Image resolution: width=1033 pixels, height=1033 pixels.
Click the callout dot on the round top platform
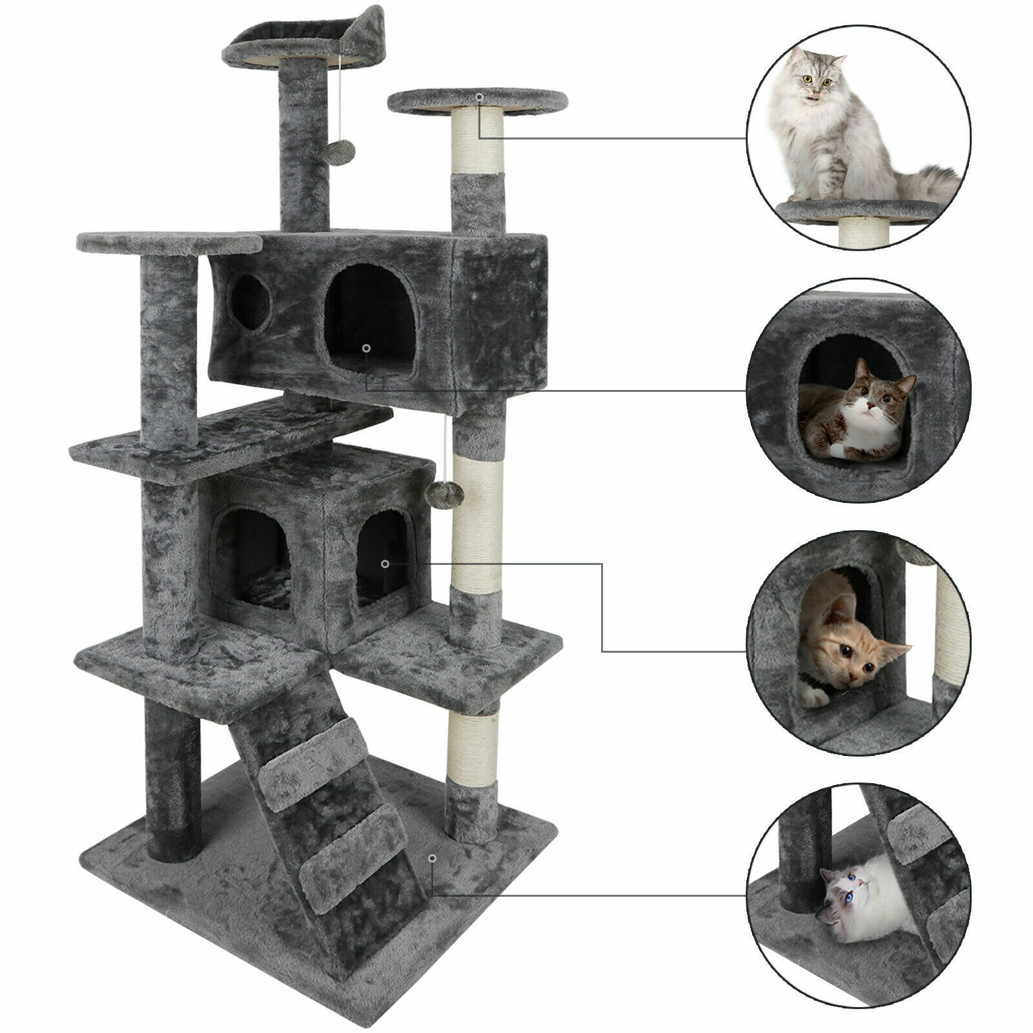tap(479, 97)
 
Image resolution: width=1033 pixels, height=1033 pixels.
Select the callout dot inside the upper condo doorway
tap(366, 348)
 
